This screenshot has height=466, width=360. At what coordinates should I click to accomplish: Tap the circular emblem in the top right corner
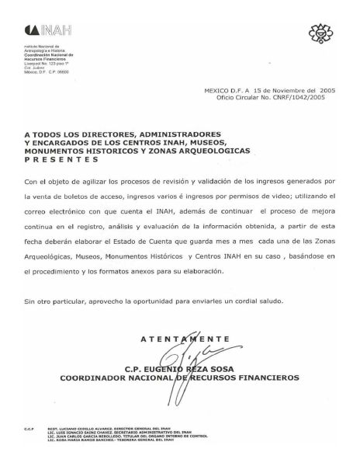(x=318, y=32)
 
